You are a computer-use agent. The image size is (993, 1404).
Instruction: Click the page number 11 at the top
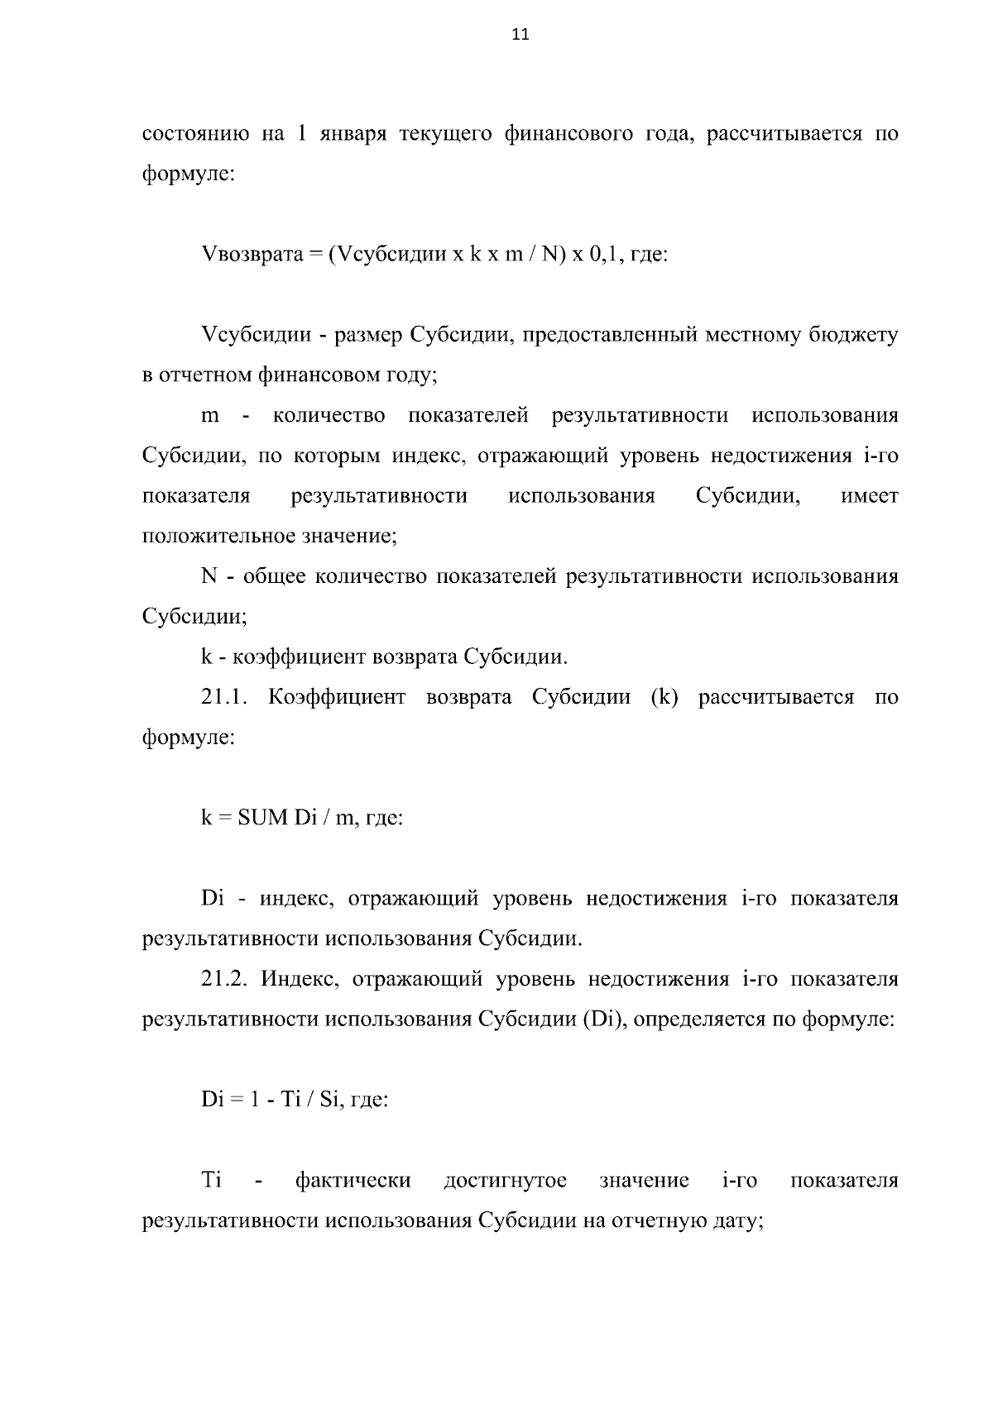click(x=520, y=35)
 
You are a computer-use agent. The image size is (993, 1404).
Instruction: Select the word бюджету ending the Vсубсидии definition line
click(x=857, y=335)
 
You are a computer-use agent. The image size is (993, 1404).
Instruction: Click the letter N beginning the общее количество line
click(x=209, y=576)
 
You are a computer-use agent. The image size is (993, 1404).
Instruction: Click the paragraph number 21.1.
click(x=224, y=697)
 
